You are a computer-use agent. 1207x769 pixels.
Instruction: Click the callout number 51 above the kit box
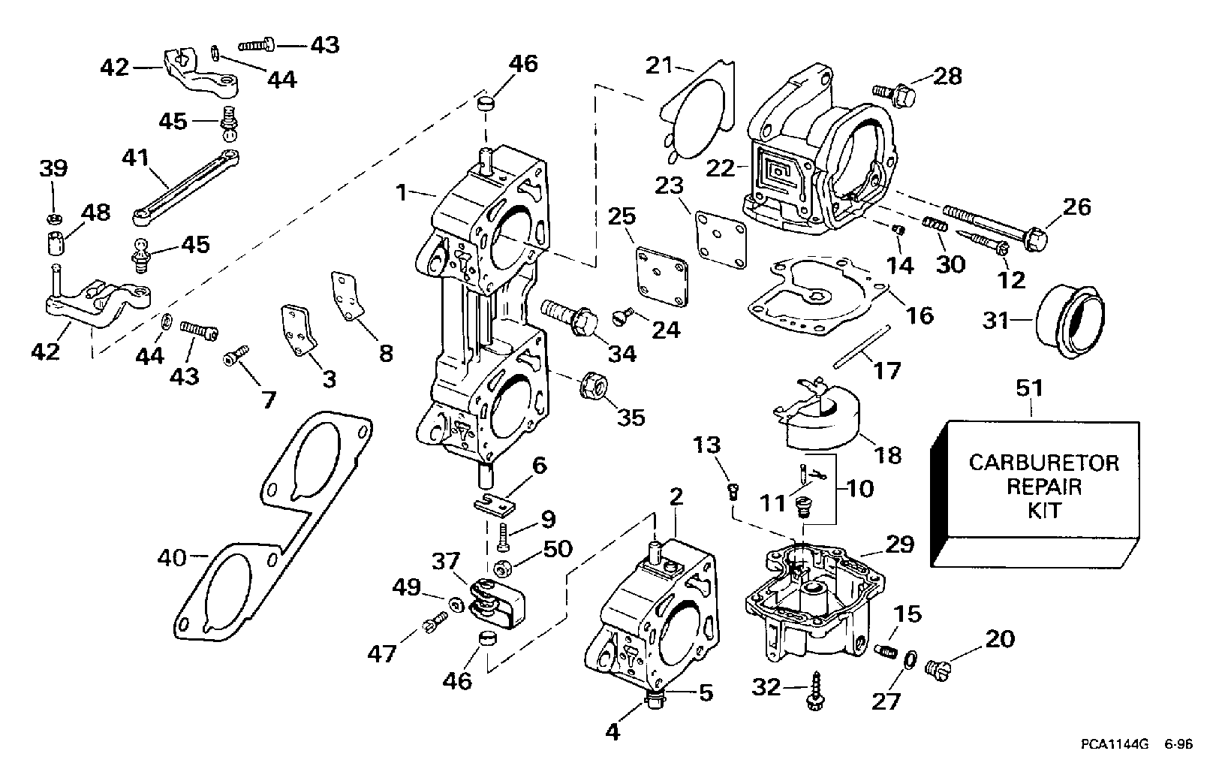(1030, 389)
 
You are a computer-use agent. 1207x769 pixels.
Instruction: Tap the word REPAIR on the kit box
(1043, 487)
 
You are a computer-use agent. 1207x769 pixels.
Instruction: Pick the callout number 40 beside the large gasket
(173, 557)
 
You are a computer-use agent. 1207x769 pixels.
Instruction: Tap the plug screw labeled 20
(938, 665)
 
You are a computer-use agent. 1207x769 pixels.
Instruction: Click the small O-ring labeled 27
(908, 659)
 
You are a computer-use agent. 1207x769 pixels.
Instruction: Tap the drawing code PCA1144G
(1111, 746)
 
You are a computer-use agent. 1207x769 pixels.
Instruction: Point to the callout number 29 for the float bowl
(899, 544)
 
